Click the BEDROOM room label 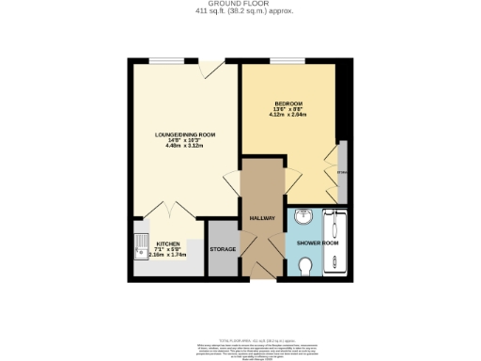[x=287, y=102]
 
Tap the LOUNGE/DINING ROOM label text [x=185, y=135]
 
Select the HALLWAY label [x=261, y=218]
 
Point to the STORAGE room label [x=222, y=250]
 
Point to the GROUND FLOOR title [x=240, y=4]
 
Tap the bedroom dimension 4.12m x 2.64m [x=287, y=115]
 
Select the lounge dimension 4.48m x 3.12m [x=185, y=147]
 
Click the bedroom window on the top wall [x=282, y=62]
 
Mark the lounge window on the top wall [x=160, y=62]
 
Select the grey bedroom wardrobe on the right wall [x=343, y=172]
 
